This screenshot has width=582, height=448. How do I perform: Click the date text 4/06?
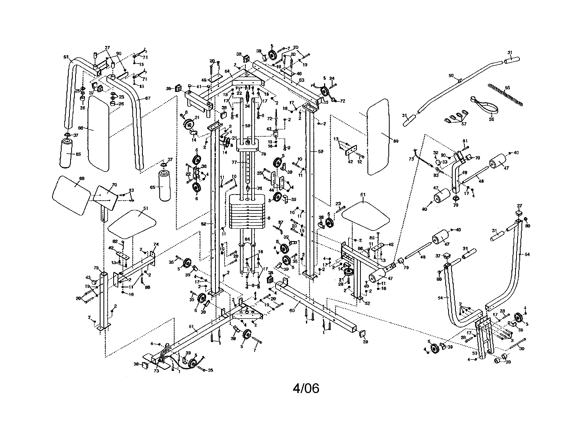(x=306, y=389)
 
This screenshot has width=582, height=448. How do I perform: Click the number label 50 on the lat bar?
(x=451, y=76)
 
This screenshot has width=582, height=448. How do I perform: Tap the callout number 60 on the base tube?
(x=292, y=310)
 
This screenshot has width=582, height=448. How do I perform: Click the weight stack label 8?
(x=269, y=218)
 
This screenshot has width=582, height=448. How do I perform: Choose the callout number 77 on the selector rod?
(x=234, y=162)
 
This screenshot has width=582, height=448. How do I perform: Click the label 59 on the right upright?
(x=321, y=151)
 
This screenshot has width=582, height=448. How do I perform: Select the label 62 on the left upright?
(x=203, y=224)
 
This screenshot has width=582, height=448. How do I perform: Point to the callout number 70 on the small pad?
(x=114, y=185)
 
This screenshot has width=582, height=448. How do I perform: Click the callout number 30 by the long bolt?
(x=521, y=348)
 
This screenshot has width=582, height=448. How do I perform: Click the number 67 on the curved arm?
(x=148, y=98)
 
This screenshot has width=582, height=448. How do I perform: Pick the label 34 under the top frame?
(x=247, y=106)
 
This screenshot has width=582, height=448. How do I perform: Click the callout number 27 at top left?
(x=107, y=48)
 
